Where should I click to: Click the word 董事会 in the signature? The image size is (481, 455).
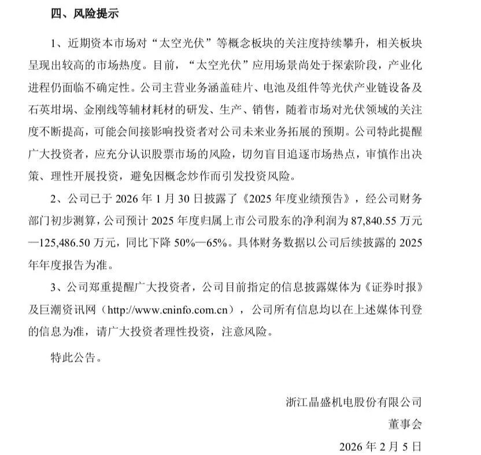(405, 424)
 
